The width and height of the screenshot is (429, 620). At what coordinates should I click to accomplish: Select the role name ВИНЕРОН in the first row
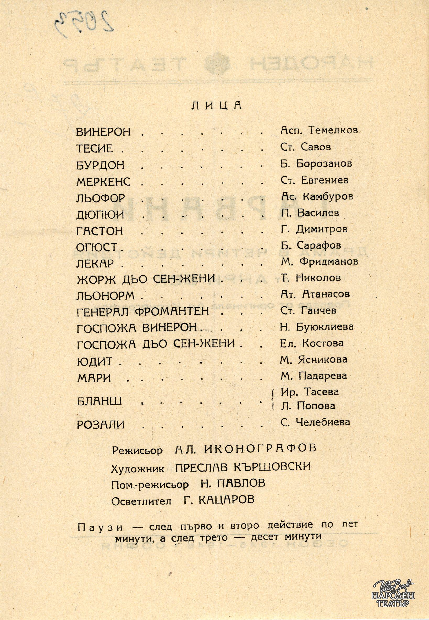click(x=103, y=132)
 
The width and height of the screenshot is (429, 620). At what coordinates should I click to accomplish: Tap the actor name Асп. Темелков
click(x=319, y=131)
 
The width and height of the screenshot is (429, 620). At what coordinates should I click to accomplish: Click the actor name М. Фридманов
click(x=319, y=262)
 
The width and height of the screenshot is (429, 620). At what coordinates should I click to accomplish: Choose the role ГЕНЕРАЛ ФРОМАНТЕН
click(x=143, y=312)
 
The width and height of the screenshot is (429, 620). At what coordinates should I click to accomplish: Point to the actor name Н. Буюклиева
click(x=317, y=327)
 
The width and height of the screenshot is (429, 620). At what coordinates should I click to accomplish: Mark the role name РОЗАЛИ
click(x=101, y=425)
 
